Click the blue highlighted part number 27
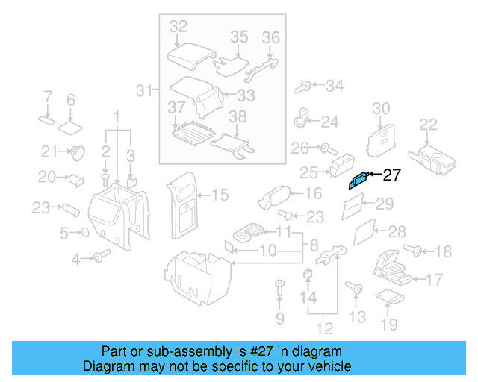pyautogui.click(x=358, y=180)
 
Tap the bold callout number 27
pyautogui.click(x=391, y=176)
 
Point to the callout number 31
pyautogui.click(x=145, y=92)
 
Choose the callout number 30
pyautogui.click(x=381, y=109)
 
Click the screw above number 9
pyautogui.click(x=279, y=285)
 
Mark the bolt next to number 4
pyautogui.click(x=98, y=257)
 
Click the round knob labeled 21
pyautogui.click(x=76, y=153)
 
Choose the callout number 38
pyautogui.click(x=237, y=116)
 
